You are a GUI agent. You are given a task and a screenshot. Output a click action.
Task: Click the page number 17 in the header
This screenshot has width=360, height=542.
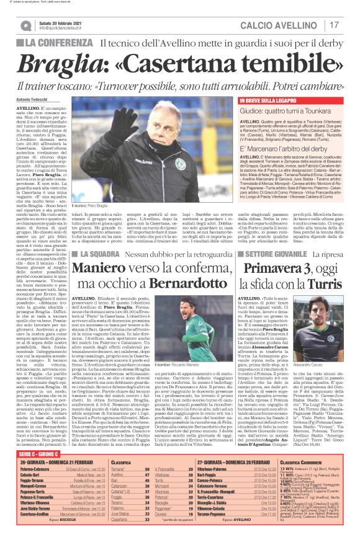point(333,25)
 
